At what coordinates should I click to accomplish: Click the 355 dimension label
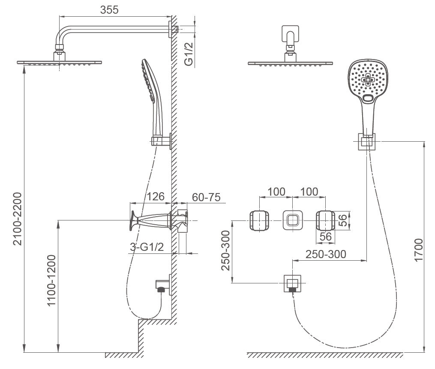coord(109,10)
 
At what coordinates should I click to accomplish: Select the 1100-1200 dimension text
coord(51,280)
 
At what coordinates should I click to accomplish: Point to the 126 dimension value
coord(156,197)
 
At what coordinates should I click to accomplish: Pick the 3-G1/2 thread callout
coord(147,247)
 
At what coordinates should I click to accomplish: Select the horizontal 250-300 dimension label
coord(326,254)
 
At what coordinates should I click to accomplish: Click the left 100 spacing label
coord(276,191)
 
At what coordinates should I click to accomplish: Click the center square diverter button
coord(292,221)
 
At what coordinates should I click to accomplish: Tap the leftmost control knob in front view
coord(260,221)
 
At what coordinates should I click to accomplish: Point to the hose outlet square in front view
coord(292,283)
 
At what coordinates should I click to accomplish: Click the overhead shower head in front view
coord(291,63)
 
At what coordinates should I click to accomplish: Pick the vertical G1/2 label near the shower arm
coord(188,54)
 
